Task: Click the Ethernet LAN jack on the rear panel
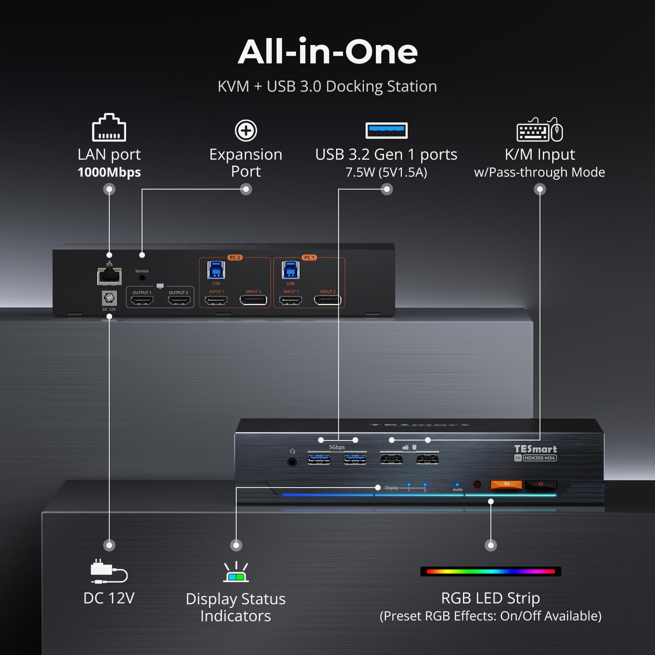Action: pyautogui.click(x=109, y=276)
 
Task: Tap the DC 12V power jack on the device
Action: pyautogui.click(x=109, y=298)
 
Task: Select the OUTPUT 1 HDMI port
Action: pyautogui.click(x=142, y=300)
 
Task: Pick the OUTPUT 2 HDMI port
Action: pyautogui.click(x=179, y=300)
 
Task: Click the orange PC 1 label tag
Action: pyautogui.click(x=309, y=257)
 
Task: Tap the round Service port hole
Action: pyautogui.click(x=142, y=278)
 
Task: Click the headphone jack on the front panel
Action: pyautogui.click(x=292, y=462)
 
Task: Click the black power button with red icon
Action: pyautogui.click(x=540, y=484)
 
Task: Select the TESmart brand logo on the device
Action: pyautogui.click(x=535, y=449)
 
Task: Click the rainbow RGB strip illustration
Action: pyautogui.click(x=490, y=571)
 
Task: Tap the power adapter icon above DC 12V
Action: pyautogui.click(x=109, y=571)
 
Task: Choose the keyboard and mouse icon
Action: pyautogui.click(x=540, y=130)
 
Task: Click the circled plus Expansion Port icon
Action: pyautogui.click(x=246, y=131)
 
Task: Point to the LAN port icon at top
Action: pyautogui.click(x=109, y=128)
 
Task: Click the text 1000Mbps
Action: pyautogui.click(x=109, y=172)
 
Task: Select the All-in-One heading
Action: pyautogui.click(x=327, y=52)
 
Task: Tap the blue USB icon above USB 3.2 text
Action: pyautogui.click(x=386, y=131)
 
